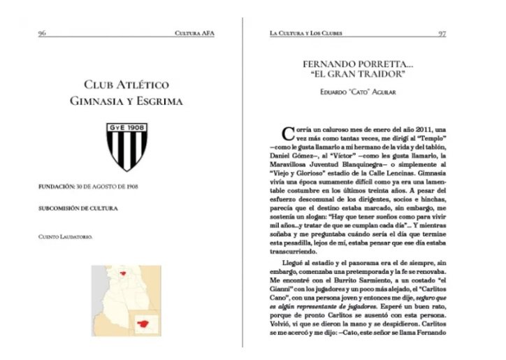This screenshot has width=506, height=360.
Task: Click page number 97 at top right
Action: (442, 33)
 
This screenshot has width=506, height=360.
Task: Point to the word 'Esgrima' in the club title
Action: (157, 101)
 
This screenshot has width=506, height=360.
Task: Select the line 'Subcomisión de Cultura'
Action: (78, 208)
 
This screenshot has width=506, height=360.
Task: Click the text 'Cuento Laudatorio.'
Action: (66, 238)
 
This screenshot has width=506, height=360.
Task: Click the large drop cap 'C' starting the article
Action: (287, 132)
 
